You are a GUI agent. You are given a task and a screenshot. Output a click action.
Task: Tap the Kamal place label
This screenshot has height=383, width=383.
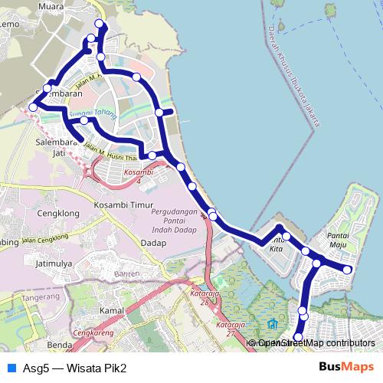click(111, 310)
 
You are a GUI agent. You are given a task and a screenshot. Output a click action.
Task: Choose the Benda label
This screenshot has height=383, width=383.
click(59, 345)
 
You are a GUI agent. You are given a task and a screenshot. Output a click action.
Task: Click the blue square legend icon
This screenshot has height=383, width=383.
click(10, 367)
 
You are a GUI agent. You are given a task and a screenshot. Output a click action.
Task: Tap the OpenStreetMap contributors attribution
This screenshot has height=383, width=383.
click(316, 343)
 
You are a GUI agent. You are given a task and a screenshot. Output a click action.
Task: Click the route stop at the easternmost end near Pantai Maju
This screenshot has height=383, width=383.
click(347, 270)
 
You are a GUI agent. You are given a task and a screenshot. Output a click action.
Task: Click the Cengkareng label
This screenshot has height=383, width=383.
click(90, 334)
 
